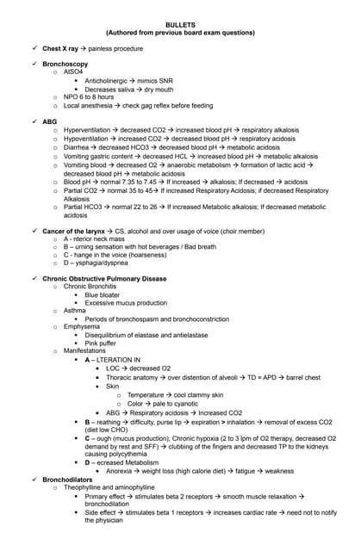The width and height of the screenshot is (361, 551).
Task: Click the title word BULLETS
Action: tap(180, 25)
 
